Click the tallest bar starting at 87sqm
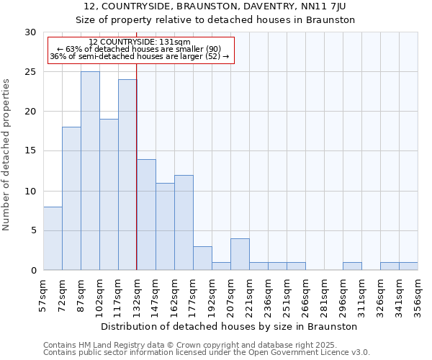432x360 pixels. tap(90, 171)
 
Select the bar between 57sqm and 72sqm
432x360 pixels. tap(53, 238)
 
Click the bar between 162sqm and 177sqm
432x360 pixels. tap(184, 222)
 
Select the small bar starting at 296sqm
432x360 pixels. tap(352, 266)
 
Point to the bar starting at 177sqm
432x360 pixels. tap(202, 258)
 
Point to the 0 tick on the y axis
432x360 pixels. tap(33, 270)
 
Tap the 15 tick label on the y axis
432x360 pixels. tap(30, 151)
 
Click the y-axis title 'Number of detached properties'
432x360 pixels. tap(6, 155)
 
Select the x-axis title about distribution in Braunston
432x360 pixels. tap(230, 326)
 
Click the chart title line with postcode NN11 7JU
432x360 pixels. tap(215, 6)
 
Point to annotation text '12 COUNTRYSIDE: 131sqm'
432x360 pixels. tap(140, 42)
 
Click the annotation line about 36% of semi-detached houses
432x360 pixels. tap(140, 56)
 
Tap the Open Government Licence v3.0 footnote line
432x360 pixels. tap(207, 353)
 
